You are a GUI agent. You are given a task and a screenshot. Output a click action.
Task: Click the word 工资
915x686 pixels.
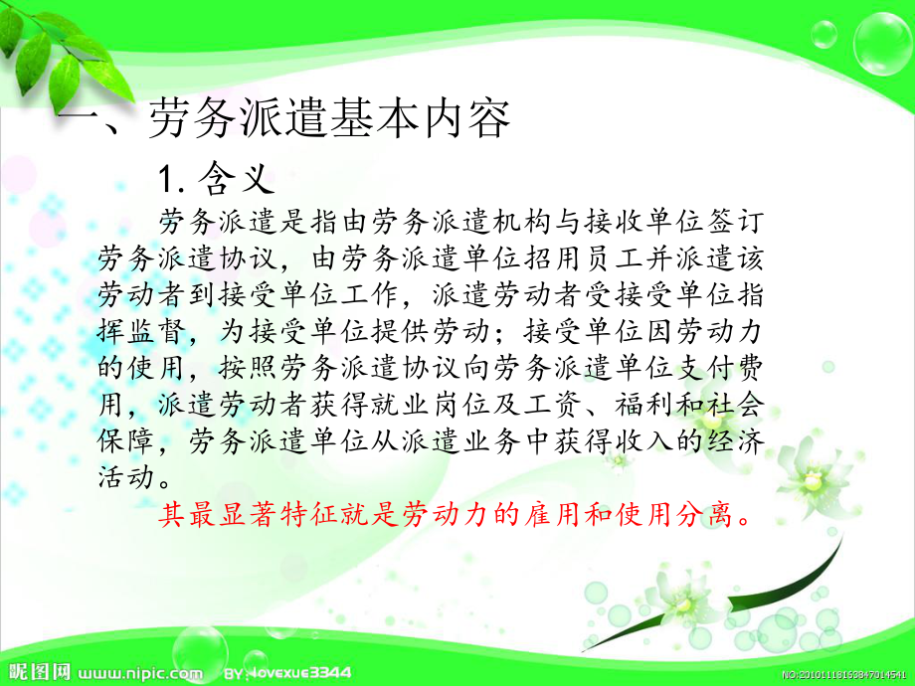coord(595,403)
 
